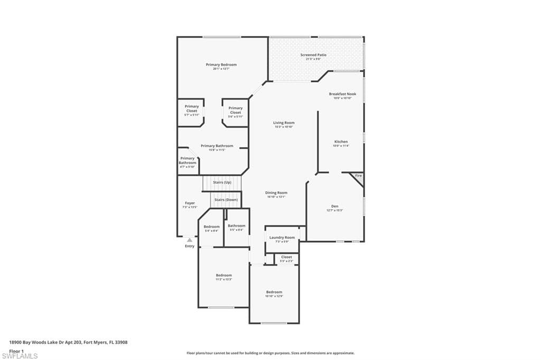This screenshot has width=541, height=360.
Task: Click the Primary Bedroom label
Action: coord(221,64)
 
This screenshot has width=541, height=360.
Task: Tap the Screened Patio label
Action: coord(313,55)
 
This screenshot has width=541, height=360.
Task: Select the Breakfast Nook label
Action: coord(342,94)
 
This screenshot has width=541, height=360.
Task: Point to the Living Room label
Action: coord(284,123)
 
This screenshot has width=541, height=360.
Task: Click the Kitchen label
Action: coord(341,141)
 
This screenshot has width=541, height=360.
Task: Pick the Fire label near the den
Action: coord(358,175)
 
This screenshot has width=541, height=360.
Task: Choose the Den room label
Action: coord(334,206)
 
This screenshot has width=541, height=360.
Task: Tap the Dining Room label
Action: coord(276,193)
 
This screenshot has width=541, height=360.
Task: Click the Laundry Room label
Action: coord(282,238)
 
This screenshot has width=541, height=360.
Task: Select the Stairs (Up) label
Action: coord(222,182)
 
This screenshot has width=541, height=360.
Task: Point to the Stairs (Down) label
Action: coord(226,200)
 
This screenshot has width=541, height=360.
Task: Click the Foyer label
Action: coord(190,203)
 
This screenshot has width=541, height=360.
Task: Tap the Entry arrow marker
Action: coord(190,240)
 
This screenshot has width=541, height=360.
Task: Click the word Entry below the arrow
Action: coord(190,246)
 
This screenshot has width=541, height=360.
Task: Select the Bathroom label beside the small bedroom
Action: coord(236,226)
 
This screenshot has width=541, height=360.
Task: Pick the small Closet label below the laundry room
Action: coord(286,257)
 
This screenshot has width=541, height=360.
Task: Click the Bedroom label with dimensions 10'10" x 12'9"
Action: coord(274,292)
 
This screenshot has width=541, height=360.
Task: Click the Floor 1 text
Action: coord(17,350)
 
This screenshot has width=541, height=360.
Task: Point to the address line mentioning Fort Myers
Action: coord(68,342)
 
